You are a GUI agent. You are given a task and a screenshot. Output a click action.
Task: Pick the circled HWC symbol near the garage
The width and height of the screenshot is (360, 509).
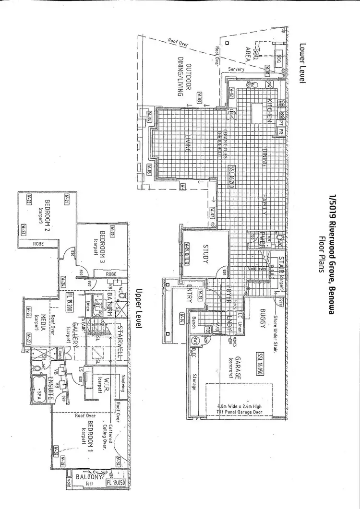click(x=196, y=340)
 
